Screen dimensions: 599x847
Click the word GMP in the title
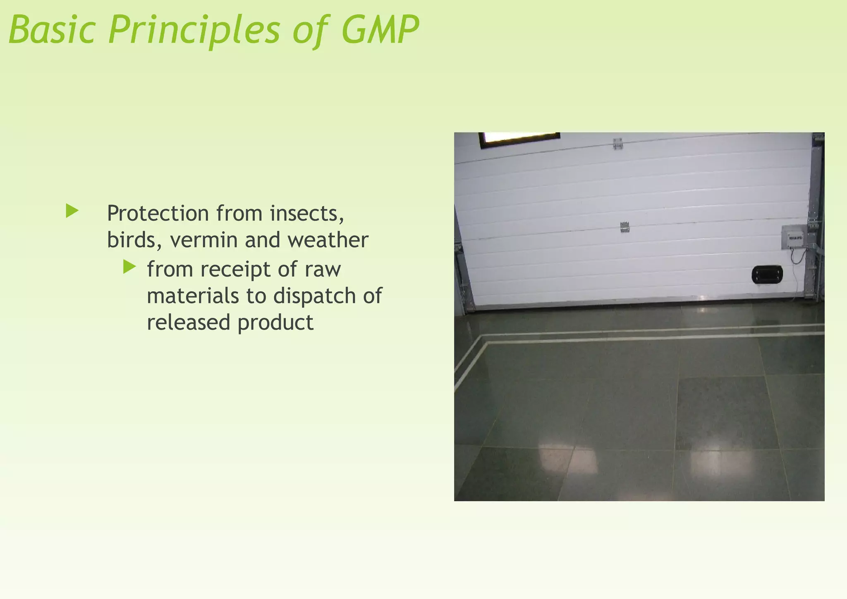point(380,30)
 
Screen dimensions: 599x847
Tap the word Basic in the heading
point(52,30)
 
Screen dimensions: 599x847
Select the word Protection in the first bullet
point(158,214)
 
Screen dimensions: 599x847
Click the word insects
point(307,214)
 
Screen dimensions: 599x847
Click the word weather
point(328,241)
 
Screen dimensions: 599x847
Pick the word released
point(188,322)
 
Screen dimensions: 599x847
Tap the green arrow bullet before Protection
point(72,211)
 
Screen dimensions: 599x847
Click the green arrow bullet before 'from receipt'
point(129,267)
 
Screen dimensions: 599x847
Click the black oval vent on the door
point(767,274)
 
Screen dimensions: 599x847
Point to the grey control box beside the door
point(794,238)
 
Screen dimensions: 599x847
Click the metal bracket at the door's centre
point(624,227)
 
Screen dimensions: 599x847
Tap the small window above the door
point(519,140)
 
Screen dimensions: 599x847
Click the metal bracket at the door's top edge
point(617,143)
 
